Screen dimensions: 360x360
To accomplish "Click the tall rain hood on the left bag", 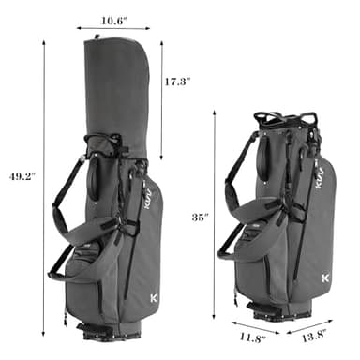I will [118, 89].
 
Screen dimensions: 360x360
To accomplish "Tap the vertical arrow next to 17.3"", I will [162, 98].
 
